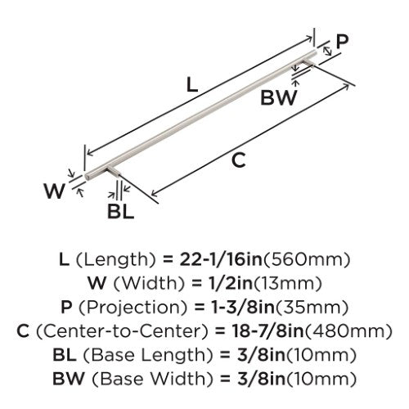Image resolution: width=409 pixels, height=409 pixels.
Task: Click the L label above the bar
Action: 192,84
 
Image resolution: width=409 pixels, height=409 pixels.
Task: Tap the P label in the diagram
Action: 342,42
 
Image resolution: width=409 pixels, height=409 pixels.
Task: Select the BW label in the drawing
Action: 278,98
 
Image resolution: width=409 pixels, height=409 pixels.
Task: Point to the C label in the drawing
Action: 238,160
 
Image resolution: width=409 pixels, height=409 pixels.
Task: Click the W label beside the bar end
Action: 55,191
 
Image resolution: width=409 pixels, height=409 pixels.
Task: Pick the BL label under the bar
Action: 121,212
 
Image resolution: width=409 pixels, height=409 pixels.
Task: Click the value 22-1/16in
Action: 221,259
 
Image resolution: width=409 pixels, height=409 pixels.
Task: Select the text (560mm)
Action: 306,259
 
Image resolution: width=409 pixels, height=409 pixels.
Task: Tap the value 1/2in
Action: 229,283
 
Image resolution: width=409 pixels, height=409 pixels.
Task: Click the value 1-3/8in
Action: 243,307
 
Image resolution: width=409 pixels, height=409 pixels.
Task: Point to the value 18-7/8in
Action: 267,331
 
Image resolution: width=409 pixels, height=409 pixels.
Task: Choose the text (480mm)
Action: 348,331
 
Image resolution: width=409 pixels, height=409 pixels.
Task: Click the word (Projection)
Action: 133,308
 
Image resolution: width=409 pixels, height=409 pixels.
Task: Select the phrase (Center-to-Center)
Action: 122,331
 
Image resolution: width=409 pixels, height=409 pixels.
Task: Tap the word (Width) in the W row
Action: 149,284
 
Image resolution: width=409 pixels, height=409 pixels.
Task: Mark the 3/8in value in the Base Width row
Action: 261,379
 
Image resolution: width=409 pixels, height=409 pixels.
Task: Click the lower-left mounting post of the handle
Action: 113,171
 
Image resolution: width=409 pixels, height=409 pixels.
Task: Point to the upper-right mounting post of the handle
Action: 309,63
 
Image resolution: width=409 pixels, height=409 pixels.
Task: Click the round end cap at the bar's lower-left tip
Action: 88,176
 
